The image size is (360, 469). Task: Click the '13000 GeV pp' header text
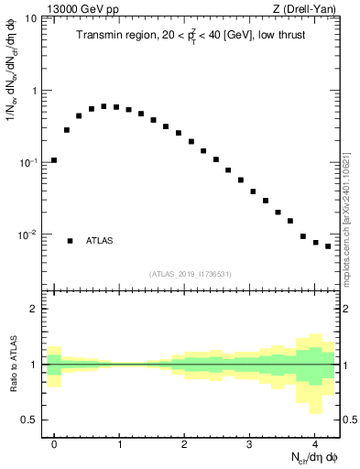(80, 9)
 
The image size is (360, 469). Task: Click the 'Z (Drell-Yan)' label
(304, 9)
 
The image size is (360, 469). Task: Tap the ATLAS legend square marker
(70, 241)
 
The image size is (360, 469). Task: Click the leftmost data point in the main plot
(54, 160)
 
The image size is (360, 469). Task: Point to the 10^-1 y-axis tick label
(29, 162)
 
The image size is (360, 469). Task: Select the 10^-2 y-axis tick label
(29, 234)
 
